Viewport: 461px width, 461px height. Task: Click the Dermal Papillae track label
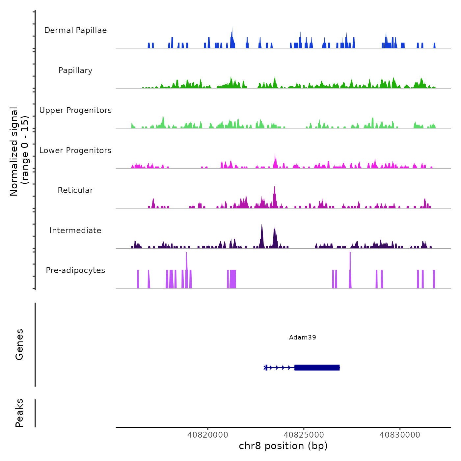point(75,30)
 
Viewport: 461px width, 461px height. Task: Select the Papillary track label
point(75,70)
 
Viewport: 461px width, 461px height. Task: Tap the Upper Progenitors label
point(75,110)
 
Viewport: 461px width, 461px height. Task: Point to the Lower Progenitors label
point(75,150)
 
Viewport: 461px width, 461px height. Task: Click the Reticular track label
point(75,190)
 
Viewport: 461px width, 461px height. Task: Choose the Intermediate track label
point(75,230)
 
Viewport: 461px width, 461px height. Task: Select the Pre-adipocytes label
point(75,270)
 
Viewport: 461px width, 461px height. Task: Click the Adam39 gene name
point(302,337)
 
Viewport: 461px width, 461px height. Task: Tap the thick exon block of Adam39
point(317,367)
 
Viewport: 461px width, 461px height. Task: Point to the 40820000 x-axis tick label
point(208,435)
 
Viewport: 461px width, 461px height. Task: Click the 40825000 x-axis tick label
point(304,435)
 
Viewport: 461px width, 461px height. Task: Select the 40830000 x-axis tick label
point(400,435)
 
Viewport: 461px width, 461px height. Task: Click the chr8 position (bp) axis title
point(283,446)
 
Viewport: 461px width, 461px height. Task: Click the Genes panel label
point(19,344)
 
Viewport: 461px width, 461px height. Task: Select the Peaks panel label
point(19,413)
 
